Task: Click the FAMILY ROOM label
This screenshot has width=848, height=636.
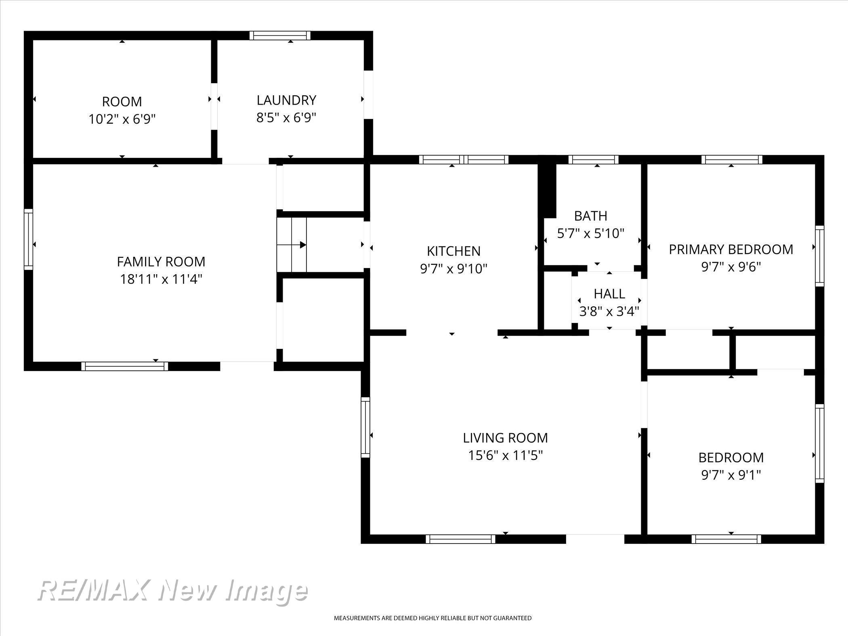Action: [161, 262]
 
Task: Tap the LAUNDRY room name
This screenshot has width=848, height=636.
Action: [286, 100]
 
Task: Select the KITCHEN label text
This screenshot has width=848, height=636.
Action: [453, 251]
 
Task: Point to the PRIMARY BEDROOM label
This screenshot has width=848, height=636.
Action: [731, 250]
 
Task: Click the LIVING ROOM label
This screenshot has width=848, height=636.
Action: [505, 438]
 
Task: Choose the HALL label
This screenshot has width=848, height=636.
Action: [609, 294]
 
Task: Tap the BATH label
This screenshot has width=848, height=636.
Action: [590, 216]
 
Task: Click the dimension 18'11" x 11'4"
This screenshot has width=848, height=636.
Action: [161, 279]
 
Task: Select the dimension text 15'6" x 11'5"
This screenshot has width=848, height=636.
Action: [505, 455]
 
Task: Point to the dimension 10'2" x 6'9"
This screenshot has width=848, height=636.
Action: [122, 119]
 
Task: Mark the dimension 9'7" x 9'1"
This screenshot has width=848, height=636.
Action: [731, 475]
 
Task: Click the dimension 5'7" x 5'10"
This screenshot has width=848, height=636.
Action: [590, 233]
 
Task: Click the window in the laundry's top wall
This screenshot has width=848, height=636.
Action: [280, 36]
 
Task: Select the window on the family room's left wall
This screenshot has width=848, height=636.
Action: [28, 239]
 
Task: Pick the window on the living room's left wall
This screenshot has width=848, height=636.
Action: [365, 427]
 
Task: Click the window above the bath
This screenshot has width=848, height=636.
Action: [593, 160]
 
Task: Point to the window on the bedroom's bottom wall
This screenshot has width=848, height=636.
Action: [726, 539]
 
